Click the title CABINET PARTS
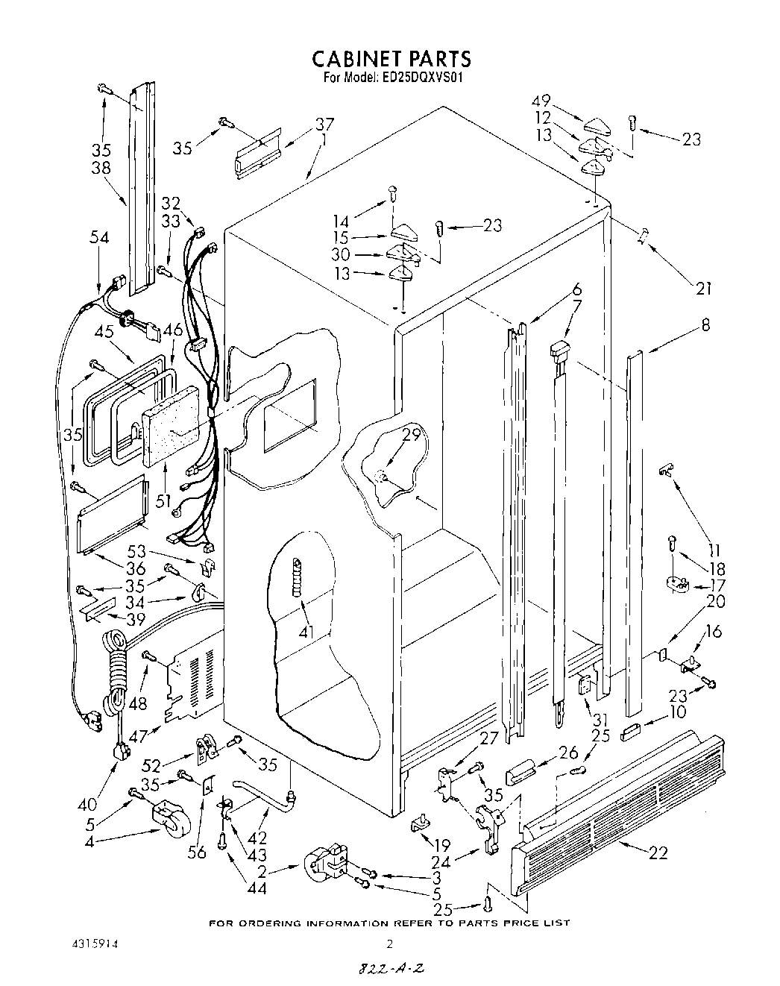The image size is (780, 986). click(391, 59)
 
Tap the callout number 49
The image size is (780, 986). click(541, 101)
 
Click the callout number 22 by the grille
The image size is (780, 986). click(658, 853)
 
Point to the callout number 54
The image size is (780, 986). click(98, 237)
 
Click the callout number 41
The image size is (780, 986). click(306, 633)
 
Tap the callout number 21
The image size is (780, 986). click(703, 289)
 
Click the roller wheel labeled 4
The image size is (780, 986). click(170, 820)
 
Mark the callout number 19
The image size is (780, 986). click(441, 845)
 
